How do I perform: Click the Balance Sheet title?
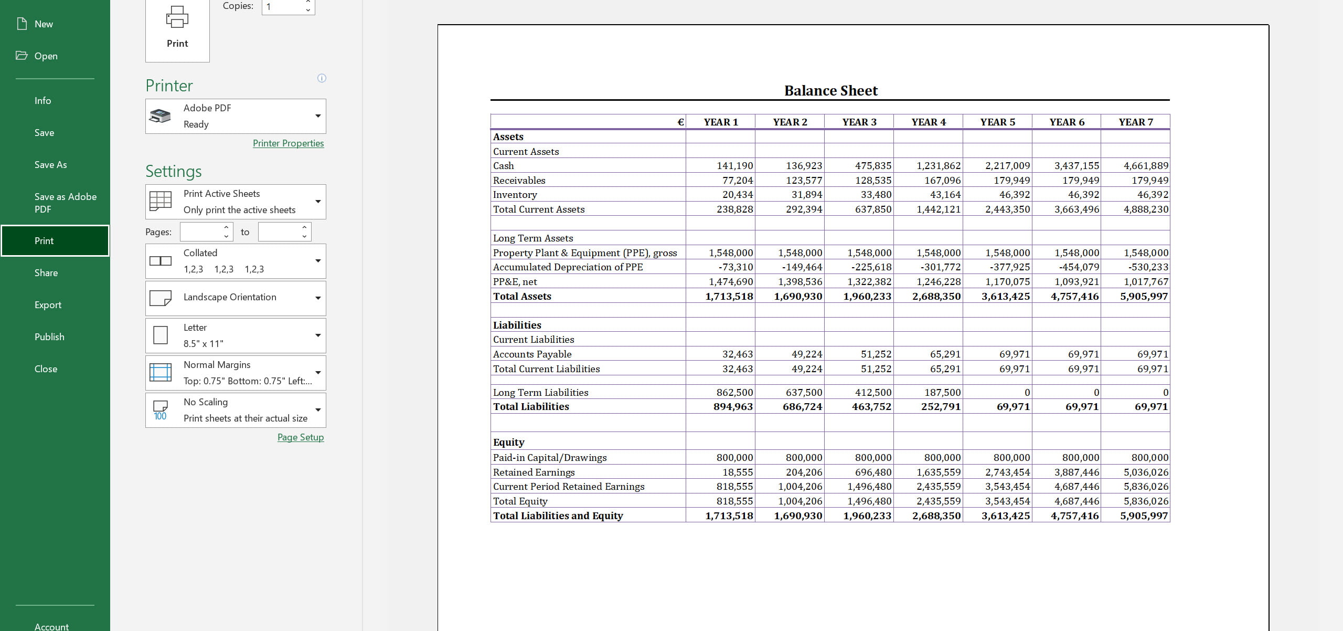pos(830,91)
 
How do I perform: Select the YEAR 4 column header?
pos(928,122)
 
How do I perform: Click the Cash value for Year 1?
pos(734,166)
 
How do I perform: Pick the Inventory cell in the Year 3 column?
pos(873,195)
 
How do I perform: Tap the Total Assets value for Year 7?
pos(1144,297)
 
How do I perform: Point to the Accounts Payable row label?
pos(532,354)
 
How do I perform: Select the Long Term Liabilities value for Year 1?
pos(734,393)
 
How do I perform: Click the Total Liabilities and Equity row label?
pos(558,516)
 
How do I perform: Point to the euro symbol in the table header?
pos(680,122)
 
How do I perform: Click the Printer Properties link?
pos(288,143)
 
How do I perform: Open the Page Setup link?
pos(300,437)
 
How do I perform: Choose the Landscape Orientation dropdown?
pos(236,298)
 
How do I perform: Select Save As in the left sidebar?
pos(50,165)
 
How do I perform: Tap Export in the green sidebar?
pos(48,305)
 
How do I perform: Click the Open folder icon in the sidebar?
pos(22,56)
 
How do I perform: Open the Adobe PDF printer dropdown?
pos(236,116)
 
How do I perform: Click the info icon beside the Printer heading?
pos(322,78)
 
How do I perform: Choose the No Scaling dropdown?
pos(236,410)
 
